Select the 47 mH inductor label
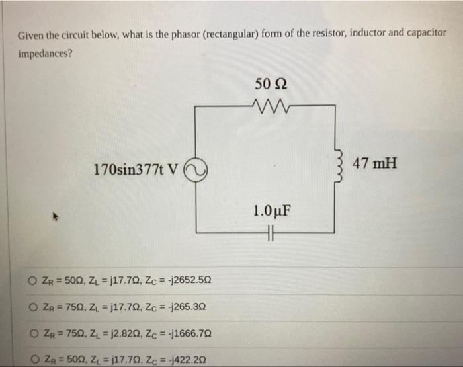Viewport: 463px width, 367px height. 374,163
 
